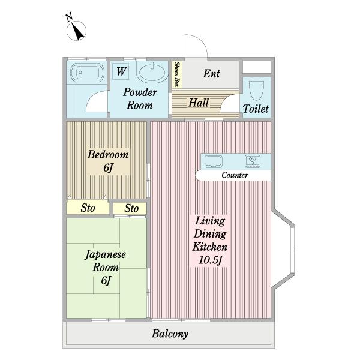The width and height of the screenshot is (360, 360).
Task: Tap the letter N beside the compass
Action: [69, 17]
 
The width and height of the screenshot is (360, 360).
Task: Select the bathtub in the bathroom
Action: [87, 73]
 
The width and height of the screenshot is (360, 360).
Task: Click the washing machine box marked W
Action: [121, 71]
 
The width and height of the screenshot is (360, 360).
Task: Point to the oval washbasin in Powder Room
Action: [152, 73]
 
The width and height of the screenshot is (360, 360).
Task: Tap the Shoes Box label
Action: [177, 74]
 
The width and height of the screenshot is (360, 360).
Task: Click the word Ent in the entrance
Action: [211, 74]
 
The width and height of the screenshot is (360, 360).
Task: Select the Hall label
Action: [199, 103]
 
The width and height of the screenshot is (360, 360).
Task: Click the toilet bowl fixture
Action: [256, 88]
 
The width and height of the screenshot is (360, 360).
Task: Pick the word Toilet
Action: [256, 109]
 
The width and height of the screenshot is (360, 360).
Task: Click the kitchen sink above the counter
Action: [214, 161]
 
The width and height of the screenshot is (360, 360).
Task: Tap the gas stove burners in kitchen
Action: [253, 161]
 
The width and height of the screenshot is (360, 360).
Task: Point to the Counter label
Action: [235, 175]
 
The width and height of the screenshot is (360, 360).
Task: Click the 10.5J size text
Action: [210, 260]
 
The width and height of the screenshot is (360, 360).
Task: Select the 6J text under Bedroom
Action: [108, 167]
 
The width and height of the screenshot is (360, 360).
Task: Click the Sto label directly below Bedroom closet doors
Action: [88, 208]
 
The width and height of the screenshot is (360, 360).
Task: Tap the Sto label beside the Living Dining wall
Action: [131, 208]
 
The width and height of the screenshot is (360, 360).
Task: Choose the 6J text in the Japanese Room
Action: [106, 280]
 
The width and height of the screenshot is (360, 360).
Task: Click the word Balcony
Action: [170, 334]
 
